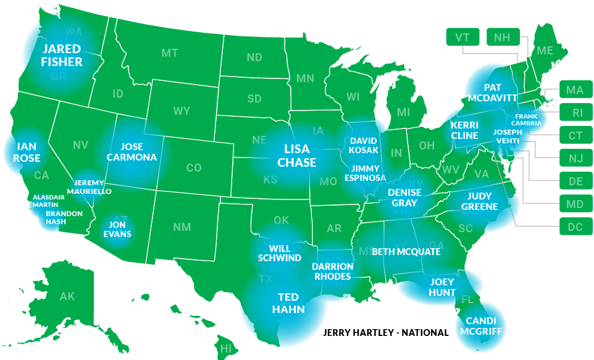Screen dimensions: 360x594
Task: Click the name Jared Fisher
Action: [x=62, y=55]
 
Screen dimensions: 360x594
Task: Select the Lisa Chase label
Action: [x=296, y=156]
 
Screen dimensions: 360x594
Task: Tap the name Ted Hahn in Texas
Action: [x=288, y=303]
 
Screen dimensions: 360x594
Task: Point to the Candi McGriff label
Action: [x=480, y=326]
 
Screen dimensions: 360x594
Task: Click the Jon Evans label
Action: [x=117, y=229]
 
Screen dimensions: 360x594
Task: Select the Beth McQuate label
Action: [x=406, y=252]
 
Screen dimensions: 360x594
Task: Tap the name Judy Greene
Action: [x=479, y=201]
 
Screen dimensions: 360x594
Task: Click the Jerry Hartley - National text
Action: [x=386, y=333]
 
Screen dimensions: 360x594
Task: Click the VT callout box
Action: [x=462, y=37]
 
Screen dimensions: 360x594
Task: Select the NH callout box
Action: [x=503, y=37]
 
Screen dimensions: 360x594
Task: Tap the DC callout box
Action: [x=575, y=227]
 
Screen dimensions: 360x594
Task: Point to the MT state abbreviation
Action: [x=170, y=53]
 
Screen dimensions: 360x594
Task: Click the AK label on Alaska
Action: [x=67, y=296]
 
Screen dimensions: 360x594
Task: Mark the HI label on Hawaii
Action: [x=225, y=348]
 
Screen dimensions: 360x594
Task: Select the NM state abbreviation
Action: [x=182, y=227]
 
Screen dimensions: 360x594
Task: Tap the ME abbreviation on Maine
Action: [x=545, y=51]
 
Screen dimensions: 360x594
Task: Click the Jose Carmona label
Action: [x=132, y=152]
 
